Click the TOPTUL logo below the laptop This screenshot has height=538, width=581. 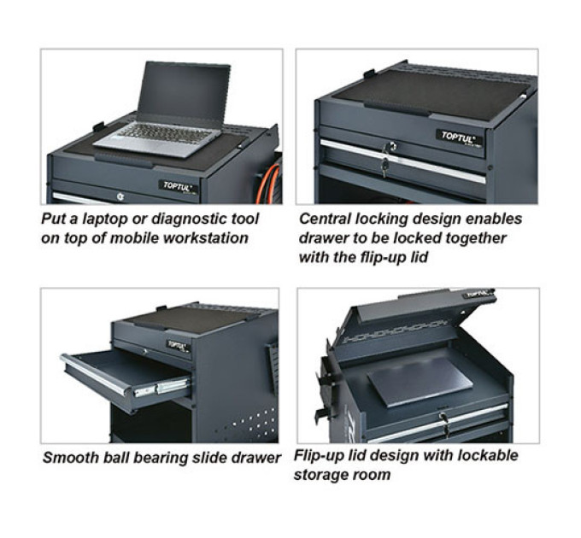click(179, 187)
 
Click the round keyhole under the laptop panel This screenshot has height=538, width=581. click(120, 196)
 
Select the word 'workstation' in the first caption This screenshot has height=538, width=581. click(206, 237)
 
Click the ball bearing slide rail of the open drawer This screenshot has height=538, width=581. click(161, 388)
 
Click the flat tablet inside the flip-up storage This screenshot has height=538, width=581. click(420, 382)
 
